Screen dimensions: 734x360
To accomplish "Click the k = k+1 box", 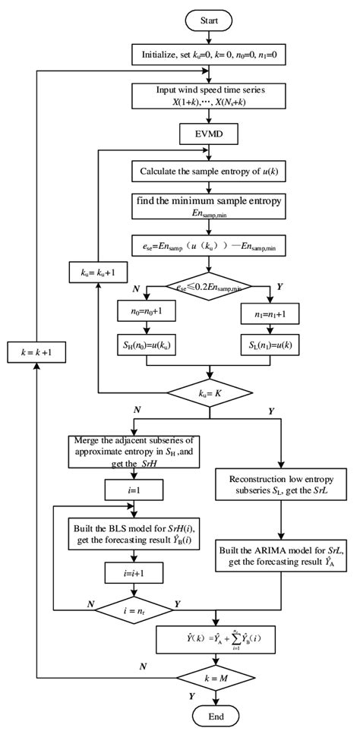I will tap(37, 351).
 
